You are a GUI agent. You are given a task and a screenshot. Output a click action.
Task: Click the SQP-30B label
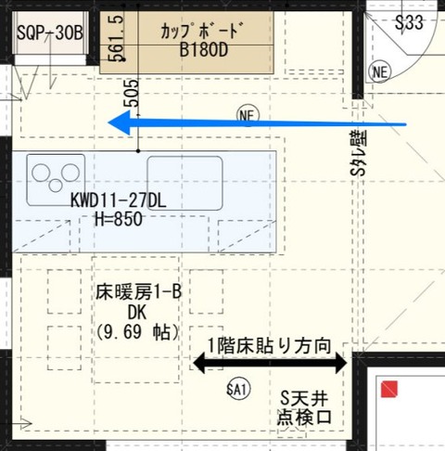pyautogui.click(x=50, y=32)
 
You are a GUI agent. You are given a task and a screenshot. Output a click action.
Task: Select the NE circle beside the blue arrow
pyautogui.click(x=246, y=116)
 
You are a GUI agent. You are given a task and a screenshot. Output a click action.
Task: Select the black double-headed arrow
pyautogui.click(x=269, y=364)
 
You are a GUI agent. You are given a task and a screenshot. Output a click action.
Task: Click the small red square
pyautogui.click(x=389, y=390)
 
